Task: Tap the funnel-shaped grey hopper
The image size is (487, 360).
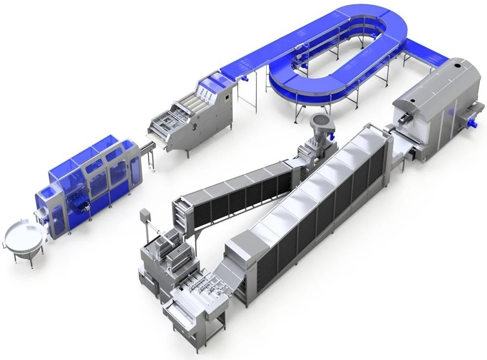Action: tap(319, 124)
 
